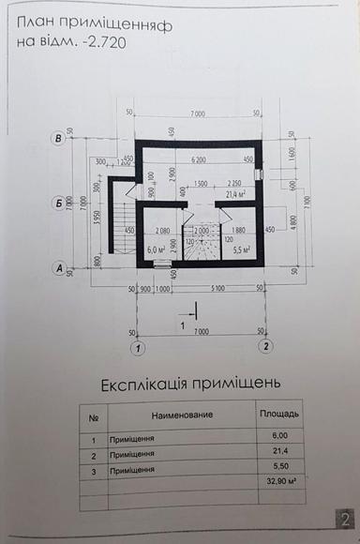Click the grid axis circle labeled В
[60, 140]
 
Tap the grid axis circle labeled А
[60, 268]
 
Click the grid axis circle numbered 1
[137, 348]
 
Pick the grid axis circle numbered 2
[267, 348]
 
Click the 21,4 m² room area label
[235, 193]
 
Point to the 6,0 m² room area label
[157, 250]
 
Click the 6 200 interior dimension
[197, 159]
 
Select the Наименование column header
[182, 415]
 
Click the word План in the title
[37, 21]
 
